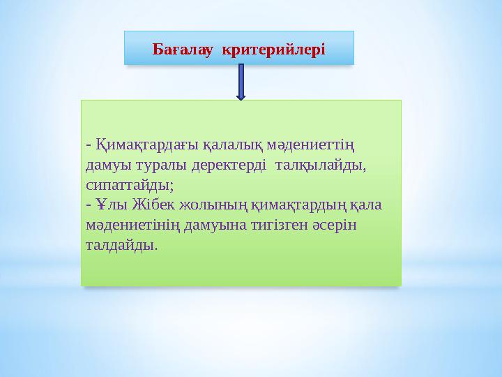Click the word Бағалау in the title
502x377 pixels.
pos(183,49)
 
